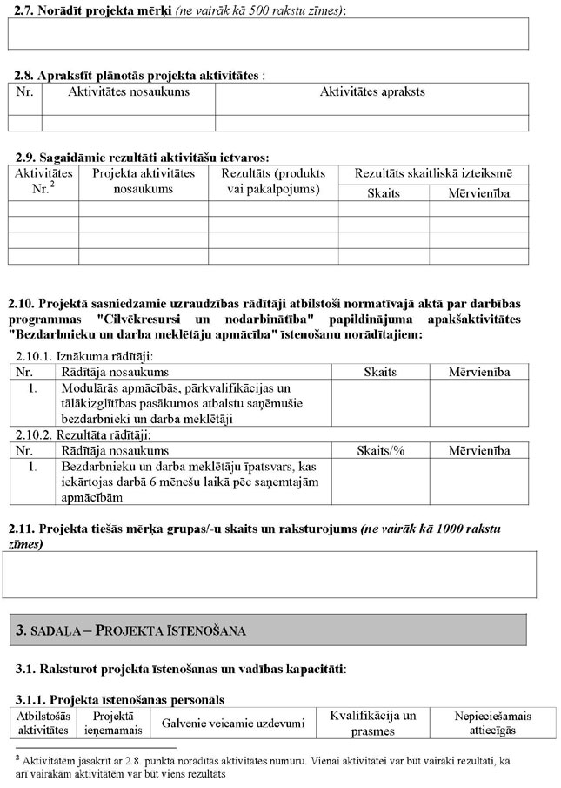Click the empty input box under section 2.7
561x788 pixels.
point(268,33)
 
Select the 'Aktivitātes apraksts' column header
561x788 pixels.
point(372,91)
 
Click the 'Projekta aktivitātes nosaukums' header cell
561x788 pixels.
point(143,181)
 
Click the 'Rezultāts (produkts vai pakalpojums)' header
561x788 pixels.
point(272,181)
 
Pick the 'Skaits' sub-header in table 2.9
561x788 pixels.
point(384,192)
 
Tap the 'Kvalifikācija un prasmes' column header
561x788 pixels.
point(373,723)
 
